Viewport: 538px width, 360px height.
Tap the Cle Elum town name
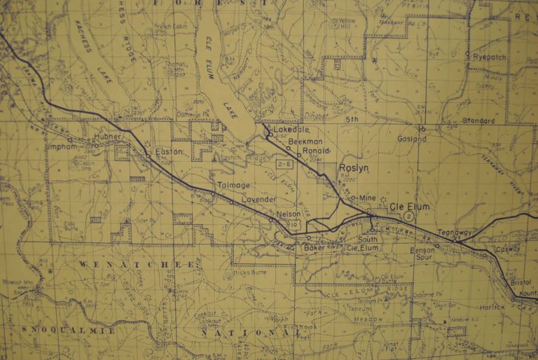point(407,207)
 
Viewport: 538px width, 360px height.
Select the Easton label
point(169,151)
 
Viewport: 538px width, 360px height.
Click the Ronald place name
point(316,150)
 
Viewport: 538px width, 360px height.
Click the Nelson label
point(288,214)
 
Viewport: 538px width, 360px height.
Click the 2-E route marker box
point(284,163)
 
